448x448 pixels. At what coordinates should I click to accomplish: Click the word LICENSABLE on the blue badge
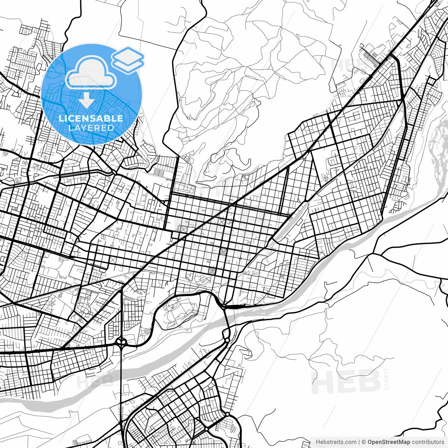[x=91, y=118]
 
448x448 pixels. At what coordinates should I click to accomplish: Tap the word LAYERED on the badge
[x=91, y=128]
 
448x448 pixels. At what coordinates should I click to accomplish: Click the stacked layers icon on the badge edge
[x=128, y=59]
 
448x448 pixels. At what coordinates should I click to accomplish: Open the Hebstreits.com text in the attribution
[x=336, y=442]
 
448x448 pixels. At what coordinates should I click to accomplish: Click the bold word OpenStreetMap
[x=388, y=442]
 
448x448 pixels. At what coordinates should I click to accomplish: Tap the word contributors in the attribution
[x=428, y=442]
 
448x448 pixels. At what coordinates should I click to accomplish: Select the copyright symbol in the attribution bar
[x=364, y=442]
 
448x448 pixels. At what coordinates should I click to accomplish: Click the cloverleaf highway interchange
[x=121, y=342]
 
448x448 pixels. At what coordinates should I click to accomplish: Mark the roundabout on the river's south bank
[x=227, y=340]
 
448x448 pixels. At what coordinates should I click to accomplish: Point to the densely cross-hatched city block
[x=211, y=271]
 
